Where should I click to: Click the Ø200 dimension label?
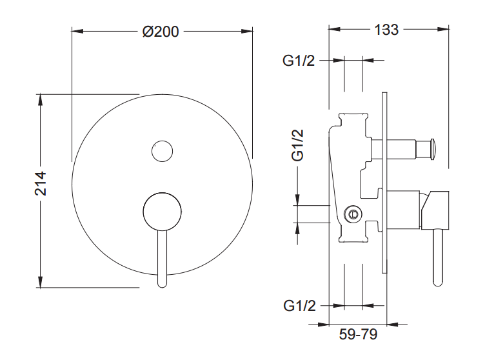tap(161, 32)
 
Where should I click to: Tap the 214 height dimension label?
tap(41, 184)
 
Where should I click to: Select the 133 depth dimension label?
tap(386, 30)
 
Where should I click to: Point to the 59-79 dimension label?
tap(358, 334)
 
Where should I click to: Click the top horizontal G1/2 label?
tap(299, 61)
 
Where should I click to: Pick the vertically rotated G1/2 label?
tap(297, 145)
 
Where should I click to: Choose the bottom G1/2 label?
tap(299, 306)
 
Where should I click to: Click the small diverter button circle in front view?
tap(162, 152)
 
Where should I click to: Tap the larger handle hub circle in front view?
tap(162, 212)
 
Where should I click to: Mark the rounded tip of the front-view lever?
tap(162, 283)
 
